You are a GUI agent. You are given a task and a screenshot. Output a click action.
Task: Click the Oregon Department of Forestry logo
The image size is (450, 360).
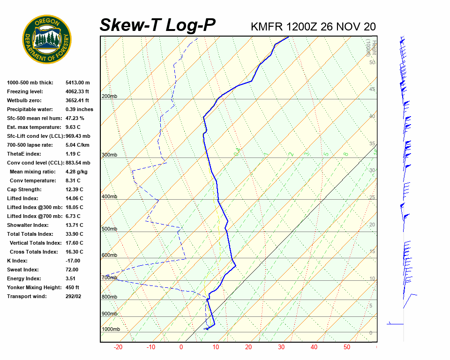pos(47,39)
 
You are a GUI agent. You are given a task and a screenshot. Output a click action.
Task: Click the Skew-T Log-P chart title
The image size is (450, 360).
pos(157,25)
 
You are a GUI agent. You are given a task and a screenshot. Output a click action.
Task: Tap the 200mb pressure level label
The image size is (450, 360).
pos(109,97)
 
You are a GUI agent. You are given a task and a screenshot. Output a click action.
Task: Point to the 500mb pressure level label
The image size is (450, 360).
pos(109,229)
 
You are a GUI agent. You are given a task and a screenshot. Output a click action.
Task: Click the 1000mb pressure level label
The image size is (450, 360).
pos(111,330)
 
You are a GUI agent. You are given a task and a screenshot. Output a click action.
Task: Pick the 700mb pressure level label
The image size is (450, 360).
pos(109,278)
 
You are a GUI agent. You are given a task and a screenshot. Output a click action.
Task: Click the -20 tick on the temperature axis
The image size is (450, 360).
pos(118,347)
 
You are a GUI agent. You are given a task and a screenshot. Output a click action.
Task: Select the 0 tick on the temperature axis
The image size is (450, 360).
pos(181,347)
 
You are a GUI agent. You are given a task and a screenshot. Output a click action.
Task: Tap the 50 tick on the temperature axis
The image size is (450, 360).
pos(347,347)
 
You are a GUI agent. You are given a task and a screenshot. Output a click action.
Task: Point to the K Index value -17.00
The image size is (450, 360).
pos(73,261)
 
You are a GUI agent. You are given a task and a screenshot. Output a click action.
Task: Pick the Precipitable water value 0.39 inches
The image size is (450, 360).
pos(79,109)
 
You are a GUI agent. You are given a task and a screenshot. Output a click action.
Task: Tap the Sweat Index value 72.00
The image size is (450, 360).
pos(72,270)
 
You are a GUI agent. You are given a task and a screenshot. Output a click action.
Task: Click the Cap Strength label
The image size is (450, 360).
pos(24,189)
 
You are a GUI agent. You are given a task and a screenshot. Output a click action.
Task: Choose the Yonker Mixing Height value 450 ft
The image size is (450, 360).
pos(72,287)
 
